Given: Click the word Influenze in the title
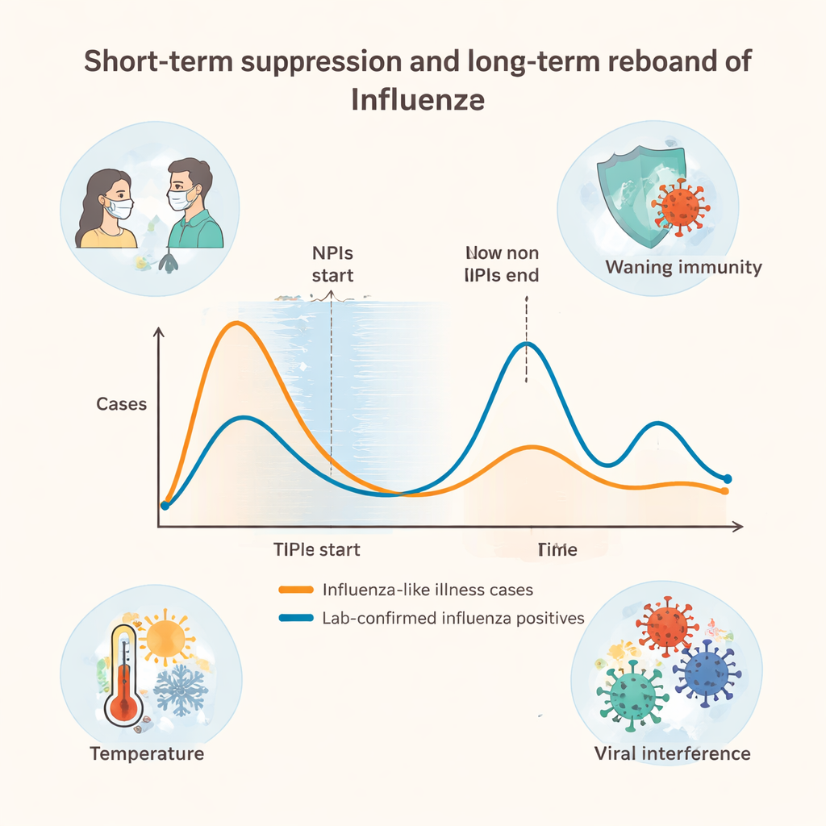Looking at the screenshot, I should click(x=418, y=101).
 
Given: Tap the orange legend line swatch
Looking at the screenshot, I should click(x=295, y=590).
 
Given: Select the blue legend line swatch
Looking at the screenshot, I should click(x=295, y=619).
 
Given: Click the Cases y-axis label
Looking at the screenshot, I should click(x=122, y=403).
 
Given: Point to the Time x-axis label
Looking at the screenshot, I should click(x=557, y=550).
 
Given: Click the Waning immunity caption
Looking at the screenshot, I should click(x=683, y=267).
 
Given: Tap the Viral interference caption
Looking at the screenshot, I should click(x=672, y=753).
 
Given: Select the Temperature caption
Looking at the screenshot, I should click(x=147, y=753).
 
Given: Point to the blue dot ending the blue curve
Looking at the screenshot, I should click(x=727, y=478).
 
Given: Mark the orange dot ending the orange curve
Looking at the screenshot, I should click(x=725, y=490).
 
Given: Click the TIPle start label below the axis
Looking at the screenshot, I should click(x=316, y=550).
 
